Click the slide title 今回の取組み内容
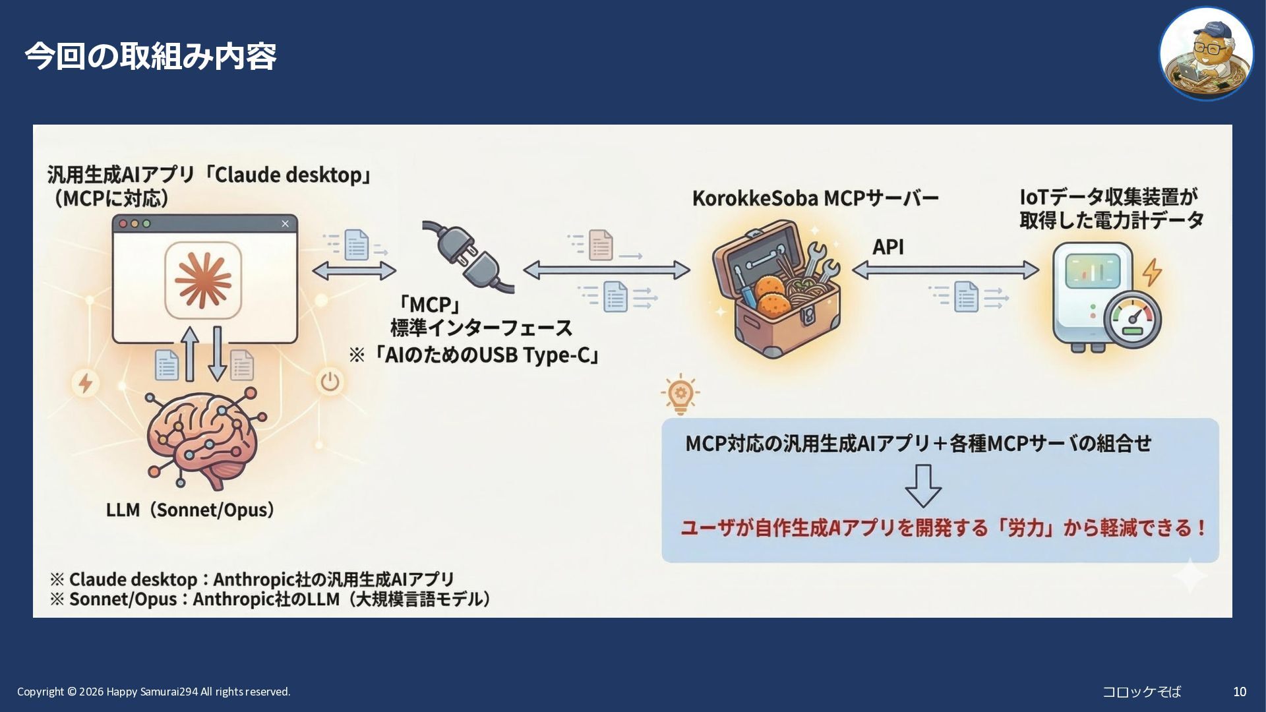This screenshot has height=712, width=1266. coord(150,56)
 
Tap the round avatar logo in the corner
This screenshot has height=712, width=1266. coord(1206,54)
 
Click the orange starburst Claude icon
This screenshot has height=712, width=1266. coord(203,280)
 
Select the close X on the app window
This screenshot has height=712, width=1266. coord(285,223)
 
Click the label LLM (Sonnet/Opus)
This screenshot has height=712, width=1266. coord(190,510)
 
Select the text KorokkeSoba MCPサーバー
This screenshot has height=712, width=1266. coord(815,198)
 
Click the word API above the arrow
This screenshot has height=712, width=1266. coord(888,247)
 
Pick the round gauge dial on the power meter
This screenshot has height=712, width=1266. coord(1133,320)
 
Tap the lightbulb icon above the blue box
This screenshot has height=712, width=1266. coord(680,394)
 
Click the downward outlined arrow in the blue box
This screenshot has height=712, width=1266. coord(922,486)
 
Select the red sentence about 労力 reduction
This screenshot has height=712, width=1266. coord(943,528)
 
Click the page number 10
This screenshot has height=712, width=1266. coord(1240,692)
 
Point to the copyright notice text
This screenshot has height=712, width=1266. coord(154,692)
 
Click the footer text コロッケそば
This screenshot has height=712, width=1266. coord(1141,692)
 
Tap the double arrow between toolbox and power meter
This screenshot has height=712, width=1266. coord(945,270)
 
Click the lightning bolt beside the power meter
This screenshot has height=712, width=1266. coord(1152,271)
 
